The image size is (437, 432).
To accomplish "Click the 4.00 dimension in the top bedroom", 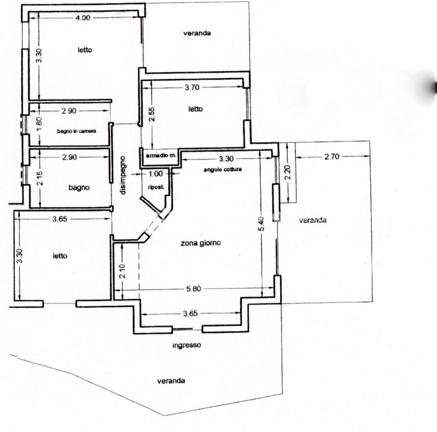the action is [83, 18].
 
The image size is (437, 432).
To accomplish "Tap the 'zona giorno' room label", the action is [201, 243].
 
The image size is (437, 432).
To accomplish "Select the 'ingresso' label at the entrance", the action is [186, 345].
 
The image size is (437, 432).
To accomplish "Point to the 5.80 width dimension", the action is [193, 289].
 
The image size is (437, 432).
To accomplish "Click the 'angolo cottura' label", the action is [223, 169].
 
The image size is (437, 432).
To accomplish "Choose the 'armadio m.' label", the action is [161, 155].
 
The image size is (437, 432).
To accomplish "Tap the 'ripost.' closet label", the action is [156, 187].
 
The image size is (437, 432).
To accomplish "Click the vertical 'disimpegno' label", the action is [122, 175].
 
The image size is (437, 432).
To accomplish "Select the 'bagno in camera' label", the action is [77, 131].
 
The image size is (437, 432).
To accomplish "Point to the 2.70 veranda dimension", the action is [332, 157].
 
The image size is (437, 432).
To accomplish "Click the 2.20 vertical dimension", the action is [288, 172].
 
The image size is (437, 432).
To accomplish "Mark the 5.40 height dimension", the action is [261, 224].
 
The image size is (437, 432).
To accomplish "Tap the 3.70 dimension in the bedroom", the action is [192, 88].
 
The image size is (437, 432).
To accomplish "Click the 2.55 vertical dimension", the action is [151, 114].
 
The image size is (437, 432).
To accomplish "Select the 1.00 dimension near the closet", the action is [155, 174].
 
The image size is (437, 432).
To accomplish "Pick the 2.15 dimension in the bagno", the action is [40, 178].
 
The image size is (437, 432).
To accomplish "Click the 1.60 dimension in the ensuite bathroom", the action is [39, 124].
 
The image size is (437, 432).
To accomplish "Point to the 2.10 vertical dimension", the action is [122, 271].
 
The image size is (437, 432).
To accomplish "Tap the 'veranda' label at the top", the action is [197, 33].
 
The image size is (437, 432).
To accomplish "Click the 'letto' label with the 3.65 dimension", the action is [60, 256].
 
